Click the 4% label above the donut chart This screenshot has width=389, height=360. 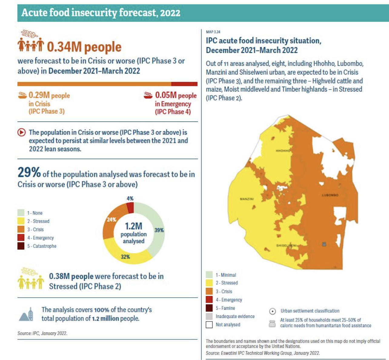(x=130, y=198)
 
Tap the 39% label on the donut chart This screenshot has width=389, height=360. (x=159, y=230)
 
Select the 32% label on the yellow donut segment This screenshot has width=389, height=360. (x=125, y=257)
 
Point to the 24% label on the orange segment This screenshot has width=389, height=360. (x=111, y=219)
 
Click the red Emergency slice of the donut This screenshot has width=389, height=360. (x=130, y=208)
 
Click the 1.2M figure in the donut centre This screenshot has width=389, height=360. (x=134, y=226)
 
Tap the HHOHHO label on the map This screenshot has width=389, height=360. (x=283, y=151)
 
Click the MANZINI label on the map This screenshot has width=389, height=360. (x=247, y=199)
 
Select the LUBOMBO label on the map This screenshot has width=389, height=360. (x=330, y=195)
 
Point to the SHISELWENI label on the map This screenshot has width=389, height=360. (x=286, y=245)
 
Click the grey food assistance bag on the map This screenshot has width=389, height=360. (x=324, y=244)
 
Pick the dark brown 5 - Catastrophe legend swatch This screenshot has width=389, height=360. (x=21, y=246)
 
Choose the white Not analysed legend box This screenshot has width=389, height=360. (x=209, y=325)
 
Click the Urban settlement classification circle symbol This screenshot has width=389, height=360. (x=272, y=311)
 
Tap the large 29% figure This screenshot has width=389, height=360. (x=29, y=172)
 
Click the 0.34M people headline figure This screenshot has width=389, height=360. (x=84, y=47)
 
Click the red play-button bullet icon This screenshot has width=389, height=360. (x=22, y=132)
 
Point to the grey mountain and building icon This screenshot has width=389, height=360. (x=26, y=314)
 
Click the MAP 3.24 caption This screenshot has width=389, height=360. (x=213, y=32)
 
